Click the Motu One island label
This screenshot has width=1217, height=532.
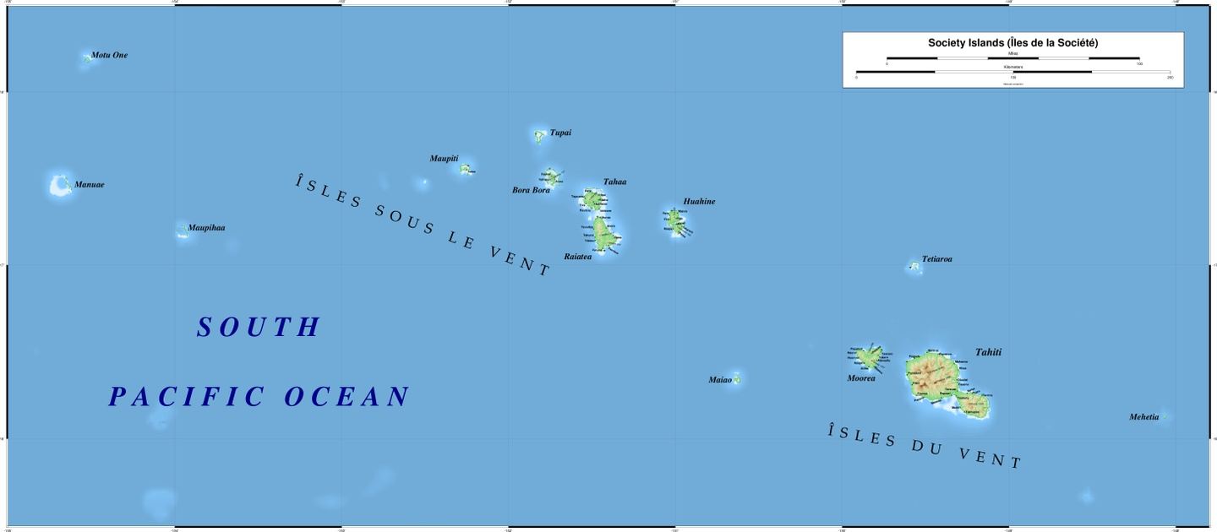pos(109,55)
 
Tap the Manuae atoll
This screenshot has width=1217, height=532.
pos(60,185)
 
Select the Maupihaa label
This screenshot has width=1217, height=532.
pos(206,228)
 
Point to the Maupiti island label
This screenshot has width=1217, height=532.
pos(444,158)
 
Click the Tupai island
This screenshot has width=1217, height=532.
pos(540,135)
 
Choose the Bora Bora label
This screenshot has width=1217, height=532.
pos(531,190)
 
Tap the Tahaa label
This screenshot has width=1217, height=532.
pos(614,182)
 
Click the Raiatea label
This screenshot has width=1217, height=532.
pos(578,256)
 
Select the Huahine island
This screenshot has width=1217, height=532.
pos(675,222)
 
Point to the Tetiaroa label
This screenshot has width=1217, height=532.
pos(936,259)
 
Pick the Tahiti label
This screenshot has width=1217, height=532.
pos(988,352)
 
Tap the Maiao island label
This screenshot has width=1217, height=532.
pos(720,380)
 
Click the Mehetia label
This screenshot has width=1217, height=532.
pos(1143,417)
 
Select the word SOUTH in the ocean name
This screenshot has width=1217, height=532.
pos(259,328)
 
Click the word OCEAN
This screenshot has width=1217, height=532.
pos(347,397)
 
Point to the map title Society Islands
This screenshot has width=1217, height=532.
pos(1012,42)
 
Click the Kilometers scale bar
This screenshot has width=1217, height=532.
pos(1012,72)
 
